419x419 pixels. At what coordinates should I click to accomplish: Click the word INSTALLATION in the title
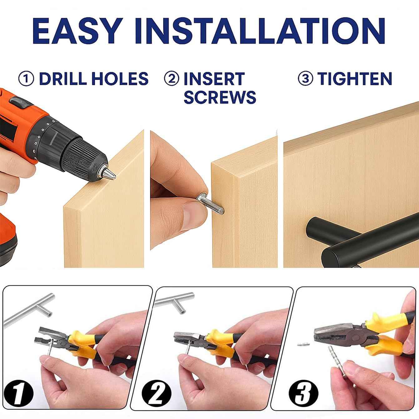point(261,31)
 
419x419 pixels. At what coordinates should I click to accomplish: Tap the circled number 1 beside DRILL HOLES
point(26,79)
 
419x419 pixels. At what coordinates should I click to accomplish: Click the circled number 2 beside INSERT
point(171,79)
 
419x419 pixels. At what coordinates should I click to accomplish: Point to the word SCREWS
point(220,97)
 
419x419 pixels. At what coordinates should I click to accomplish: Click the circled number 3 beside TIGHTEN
point(305,79)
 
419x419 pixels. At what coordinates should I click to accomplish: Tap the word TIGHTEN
point(355,78)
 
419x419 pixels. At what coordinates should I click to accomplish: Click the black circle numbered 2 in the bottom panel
point(157,387)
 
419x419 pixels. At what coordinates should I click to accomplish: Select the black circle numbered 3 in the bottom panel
point(304,387)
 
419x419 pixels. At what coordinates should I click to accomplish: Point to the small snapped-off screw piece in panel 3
point(304,344)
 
